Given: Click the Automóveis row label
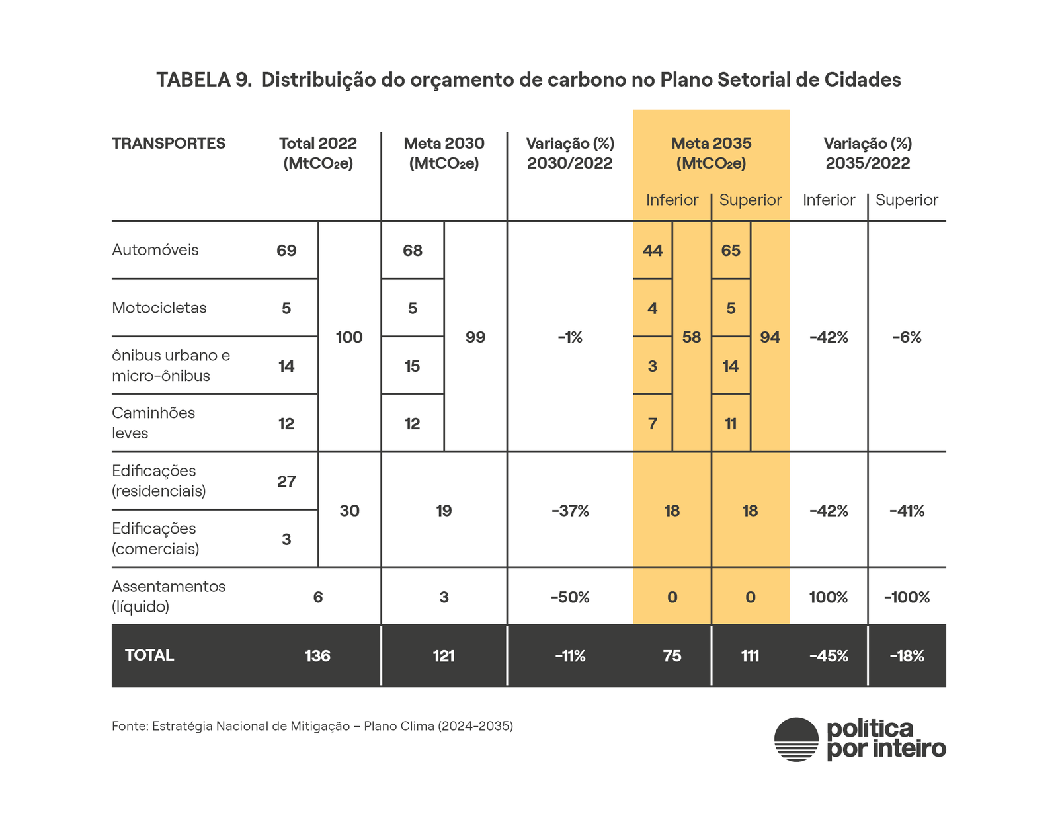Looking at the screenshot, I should pyautogui.click(x=155, y=250).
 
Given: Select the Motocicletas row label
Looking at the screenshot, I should pyautogui.click(x=159, y=308).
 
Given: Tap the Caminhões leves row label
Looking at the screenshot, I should pyautogui.click(x=153, y=423).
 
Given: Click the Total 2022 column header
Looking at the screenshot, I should pyautogui.click(x=318, y=153).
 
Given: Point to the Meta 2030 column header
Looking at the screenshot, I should pyautogui.click(x=444, y=153).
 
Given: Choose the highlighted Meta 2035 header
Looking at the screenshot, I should pyautogui.click(x=712, y=153).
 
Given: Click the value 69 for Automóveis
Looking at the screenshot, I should pyautogui.click(x=286, y=251).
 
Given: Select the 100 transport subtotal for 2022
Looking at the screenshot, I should pyautogui.click(x=349, y=337).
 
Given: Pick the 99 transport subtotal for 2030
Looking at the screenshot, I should pyautogui.click(x=475, y=337).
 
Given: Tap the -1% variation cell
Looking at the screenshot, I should pyautogui.click(x=570, y=337).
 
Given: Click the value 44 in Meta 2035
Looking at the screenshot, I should pyautogui.click(x=653, y=251).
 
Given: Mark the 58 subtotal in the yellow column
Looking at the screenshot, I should pyautogui.click(x=692, y=337).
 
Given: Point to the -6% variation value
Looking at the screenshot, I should pyautogui.click(x=907, y=337).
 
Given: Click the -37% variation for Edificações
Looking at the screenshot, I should pyautogui.click(x=570, y=511).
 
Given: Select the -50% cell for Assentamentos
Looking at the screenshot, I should pyautogui.click(x=570, y=597).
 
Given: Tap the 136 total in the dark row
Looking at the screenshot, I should pyautogui.click(x=317, y=656).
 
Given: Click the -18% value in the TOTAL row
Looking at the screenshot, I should pyautogui.click(x=907, y=656).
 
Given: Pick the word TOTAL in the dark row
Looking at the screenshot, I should pyautogui.click(x=149, y=655).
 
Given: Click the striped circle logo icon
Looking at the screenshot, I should pyautogui.click(x=797, y=739).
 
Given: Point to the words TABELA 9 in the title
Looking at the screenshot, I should pyautogui.click(x=204, y=80).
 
